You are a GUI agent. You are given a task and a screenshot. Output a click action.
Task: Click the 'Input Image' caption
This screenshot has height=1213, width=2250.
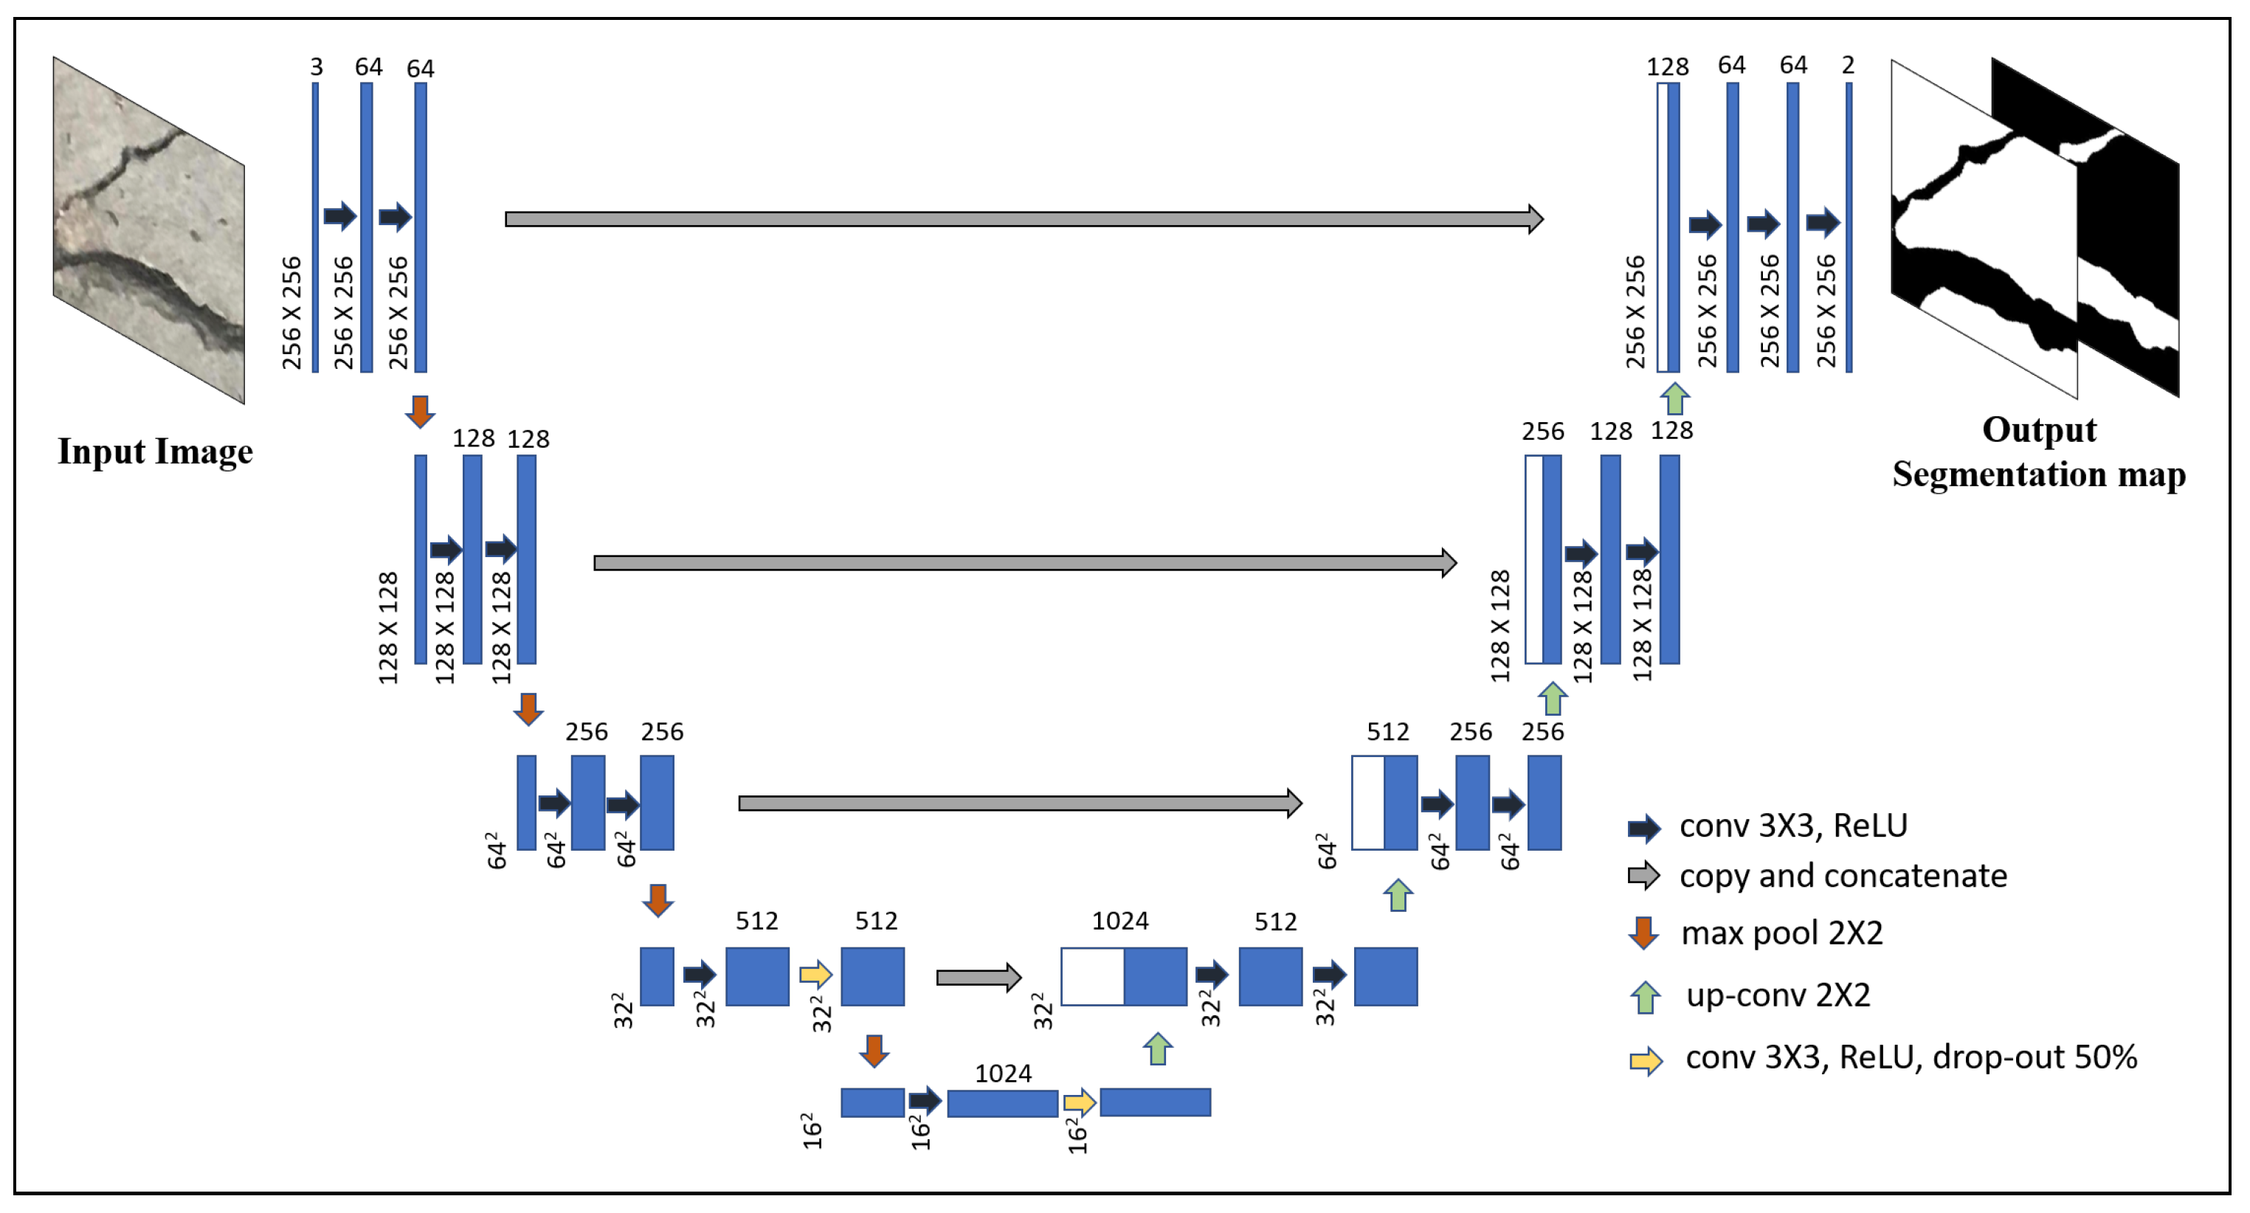coord(155,452)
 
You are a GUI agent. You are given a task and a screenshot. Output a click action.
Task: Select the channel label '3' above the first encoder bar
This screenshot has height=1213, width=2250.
coord(316,67)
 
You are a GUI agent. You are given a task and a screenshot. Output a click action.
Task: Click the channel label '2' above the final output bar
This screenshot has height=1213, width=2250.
coord(1847,66)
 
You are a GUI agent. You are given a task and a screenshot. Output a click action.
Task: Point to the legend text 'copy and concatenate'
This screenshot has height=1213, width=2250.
coord(1842,876)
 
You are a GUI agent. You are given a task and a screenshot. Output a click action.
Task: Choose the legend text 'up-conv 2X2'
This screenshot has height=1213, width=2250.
coord(1778,995)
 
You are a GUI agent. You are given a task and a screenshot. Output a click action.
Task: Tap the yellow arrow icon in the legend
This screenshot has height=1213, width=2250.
coord(1646,1060)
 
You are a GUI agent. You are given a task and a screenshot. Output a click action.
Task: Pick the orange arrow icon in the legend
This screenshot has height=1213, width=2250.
coord(1643,933)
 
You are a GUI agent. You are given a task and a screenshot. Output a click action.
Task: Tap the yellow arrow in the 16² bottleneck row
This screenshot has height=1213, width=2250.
coord(1079,1102)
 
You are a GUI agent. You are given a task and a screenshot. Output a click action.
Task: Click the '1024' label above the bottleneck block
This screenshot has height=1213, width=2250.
coord(1003,1074)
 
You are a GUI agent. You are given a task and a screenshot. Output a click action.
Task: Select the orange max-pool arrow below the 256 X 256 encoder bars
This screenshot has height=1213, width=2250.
coord(420,411)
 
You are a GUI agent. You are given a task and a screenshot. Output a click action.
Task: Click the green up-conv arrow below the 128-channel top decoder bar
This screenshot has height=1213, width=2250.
coord(1674,398)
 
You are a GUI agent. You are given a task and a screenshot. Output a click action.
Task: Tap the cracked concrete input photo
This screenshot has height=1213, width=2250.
coord(148,229)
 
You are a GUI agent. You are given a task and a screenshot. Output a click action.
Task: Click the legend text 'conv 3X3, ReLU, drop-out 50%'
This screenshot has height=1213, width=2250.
coord(1911,1057)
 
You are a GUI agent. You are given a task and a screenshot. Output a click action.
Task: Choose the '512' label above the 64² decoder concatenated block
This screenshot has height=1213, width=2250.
coord(1387,732)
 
